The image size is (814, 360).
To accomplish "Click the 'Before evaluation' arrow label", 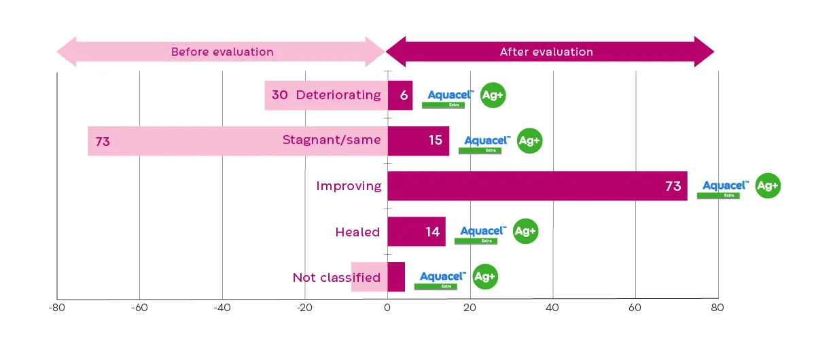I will coord(222,52).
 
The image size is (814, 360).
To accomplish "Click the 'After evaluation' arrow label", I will coord(546,52).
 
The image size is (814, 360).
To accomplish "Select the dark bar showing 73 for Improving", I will coord(537,186).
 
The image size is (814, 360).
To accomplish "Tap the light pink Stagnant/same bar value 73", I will coord(103,142).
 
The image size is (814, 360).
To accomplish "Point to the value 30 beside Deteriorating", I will coord(279,95).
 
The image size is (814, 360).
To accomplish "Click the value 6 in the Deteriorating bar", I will coord(404,95).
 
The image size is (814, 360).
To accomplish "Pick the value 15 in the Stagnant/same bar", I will coord(435,141).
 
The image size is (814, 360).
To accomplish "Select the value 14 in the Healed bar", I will coord(433,232).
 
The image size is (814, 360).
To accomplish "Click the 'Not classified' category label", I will coord(336,277).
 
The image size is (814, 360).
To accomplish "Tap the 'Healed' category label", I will coord(357,232).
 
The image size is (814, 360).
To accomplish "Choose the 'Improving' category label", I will coord(349,186).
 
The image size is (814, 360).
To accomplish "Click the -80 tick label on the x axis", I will coord(56,308).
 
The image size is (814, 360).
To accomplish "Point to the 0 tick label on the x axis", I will coord(387,308).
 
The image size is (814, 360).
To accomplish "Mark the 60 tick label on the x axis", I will coord(635,308).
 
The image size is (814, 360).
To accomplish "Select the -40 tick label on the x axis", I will coord(222,308).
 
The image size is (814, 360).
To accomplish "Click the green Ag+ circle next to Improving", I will coord(768,186).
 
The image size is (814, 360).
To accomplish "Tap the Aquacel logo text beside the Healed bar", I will coord(482,231).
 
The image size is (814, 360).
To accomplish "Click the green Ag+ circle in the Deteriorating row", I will coord(493,95).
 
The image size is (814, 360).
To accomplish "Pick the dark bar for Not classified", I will coord(396,277).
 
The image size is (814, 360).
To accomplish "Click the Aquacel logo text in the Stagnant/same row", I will coord(487,141).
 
